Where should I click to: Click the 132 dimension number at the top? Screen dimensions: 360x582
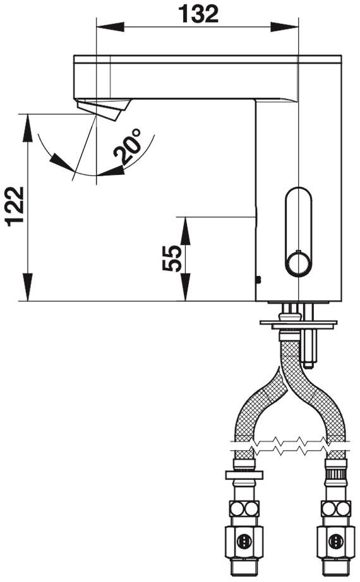point(198,15)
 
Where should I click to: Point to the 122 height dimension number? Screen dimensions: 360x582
point(15,206)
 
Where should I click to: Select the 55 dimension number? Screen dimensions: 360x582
point(172,258)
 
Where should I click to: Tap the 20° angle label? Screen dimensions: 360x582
point(128,147)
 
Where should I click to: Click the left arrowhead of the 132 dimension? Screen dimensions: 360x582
point(110,27)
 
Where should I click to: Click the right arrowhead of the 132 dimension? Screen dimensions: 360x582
point(284,27)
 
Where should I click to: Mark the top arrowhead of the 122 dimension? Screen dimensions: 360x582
point(28,128)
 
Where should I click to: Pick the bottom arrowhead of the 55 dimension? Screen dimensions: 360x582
point(184,287)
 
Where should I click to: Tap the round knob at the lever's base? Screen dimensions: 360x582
point(298,263)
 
